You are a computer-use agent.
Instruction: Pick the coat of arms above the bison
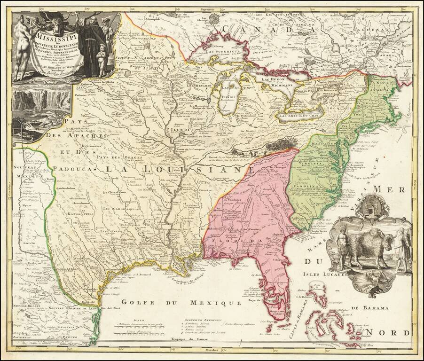click(371, 204)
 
